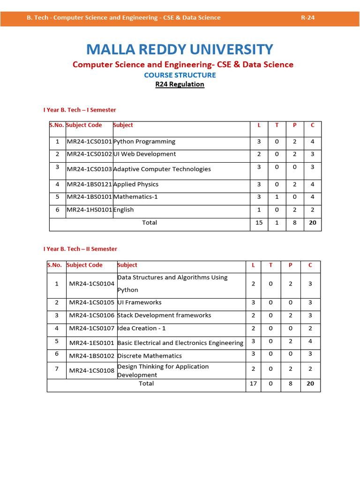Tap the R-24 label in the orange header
point(307,18)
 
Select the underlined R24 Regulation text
point(180,84)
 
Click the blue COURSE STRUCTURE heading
point(180,75)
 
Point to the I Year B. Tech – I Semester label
point(80,110)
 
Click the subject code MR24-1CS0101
point(89,142)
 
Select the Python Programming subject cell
point(144,142)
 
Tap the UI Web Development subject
point(145,154)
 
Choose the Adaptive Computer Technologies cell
point(162,169)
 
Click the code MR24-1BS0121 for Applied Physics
point(89,185)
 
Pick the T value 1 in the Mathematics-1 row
point(277,197)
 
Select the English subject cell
point(124,210)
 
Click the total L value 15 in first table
point(259,223)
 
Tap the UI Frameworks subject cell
point(139,303)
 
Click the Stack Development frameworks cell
point(164,315)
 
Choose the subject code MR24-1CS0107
point(92,329)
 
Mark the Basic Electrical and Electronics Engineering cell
point(180,343)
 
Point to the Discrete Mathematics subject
point(150,356)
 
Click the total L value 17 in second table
point(253,383)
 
